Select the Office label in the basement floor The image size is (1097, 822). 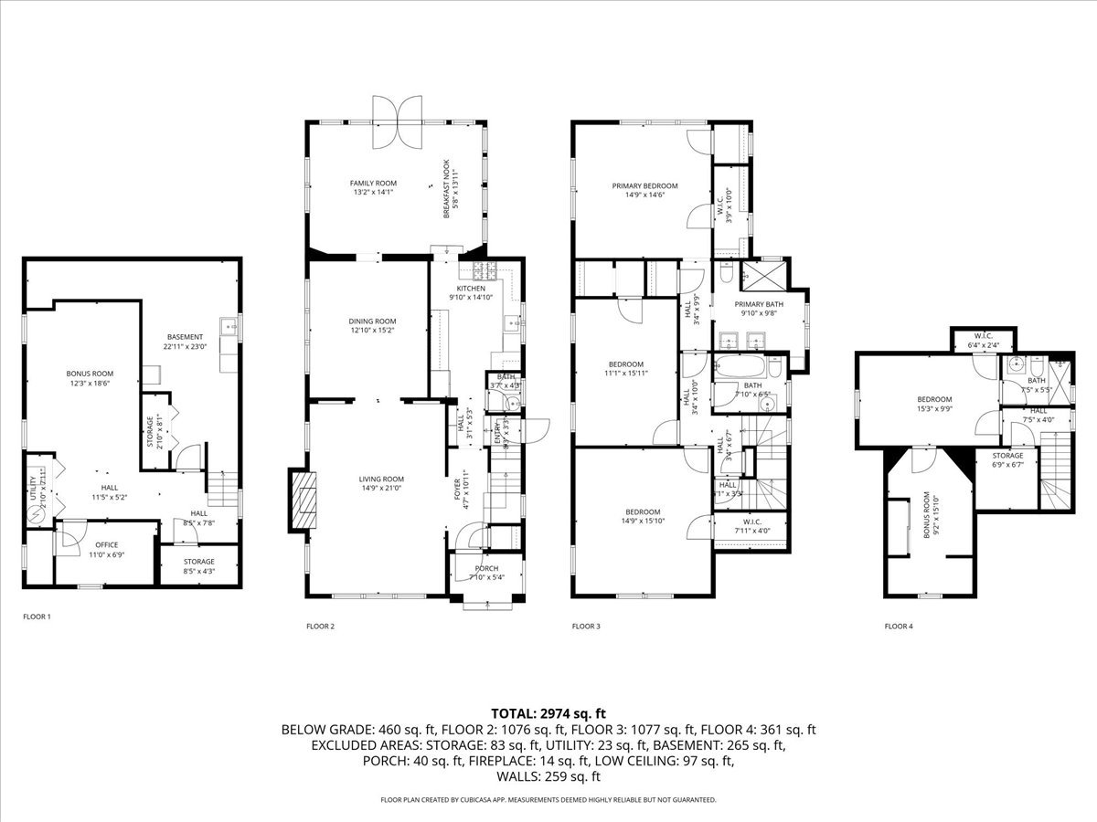click(106, 545)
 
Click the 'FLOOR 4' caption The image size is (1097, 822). click(898, 627)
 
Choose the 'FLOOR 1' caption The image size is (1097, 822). click(37, 616)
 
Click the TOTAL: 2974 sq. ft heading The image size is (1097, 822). click(548, 713)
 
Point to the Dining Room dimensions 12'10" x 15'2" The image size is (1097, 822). click(372, 332)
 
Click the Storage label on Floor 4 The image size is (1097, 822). click(1006, 455)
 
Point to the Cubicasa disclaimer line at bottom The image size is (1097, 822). click(548, 800)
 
